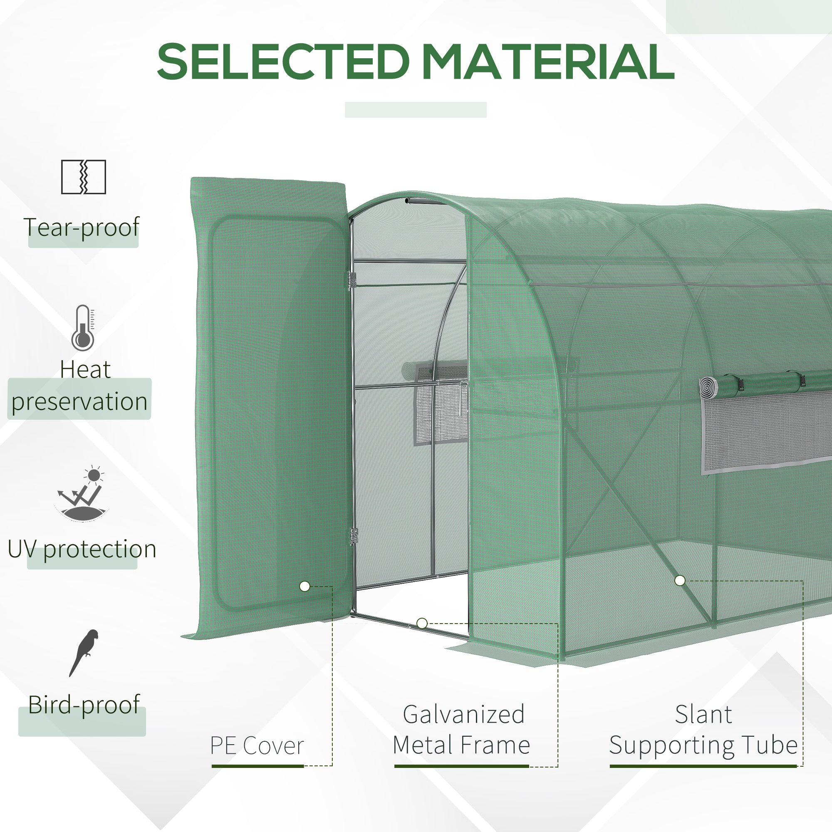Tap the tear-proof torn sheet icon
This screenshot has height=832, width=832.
(83, 177)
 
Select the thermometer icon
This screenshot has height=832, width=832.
(83, 328)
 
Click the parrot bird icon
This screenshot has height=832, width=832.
(84, 652)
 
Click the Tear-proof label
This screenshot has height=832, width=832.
(82, 227)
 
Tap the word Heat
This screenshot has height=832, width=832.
(85, 369)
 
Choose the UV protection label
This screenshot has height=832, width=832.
(82, 550)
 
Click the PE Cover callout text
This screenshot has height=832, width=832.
(257, 745)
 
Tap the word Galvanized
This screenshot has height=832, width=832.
(464, 714)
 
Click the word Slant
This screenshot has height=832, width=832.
(703, 714)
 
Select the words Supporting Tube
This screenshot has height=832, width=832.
(703, 745)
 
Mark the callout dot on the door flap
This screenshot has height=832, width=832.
(305, 586)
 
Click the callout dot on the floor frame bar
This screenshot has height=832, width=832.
(422, 623)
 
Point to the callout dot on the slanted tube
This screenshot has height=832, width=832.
(680, 580)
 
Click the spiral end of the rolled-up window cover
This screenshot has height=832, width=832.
(707, 386)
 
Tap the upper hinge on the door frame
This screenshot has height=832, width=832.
(353, 280)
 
